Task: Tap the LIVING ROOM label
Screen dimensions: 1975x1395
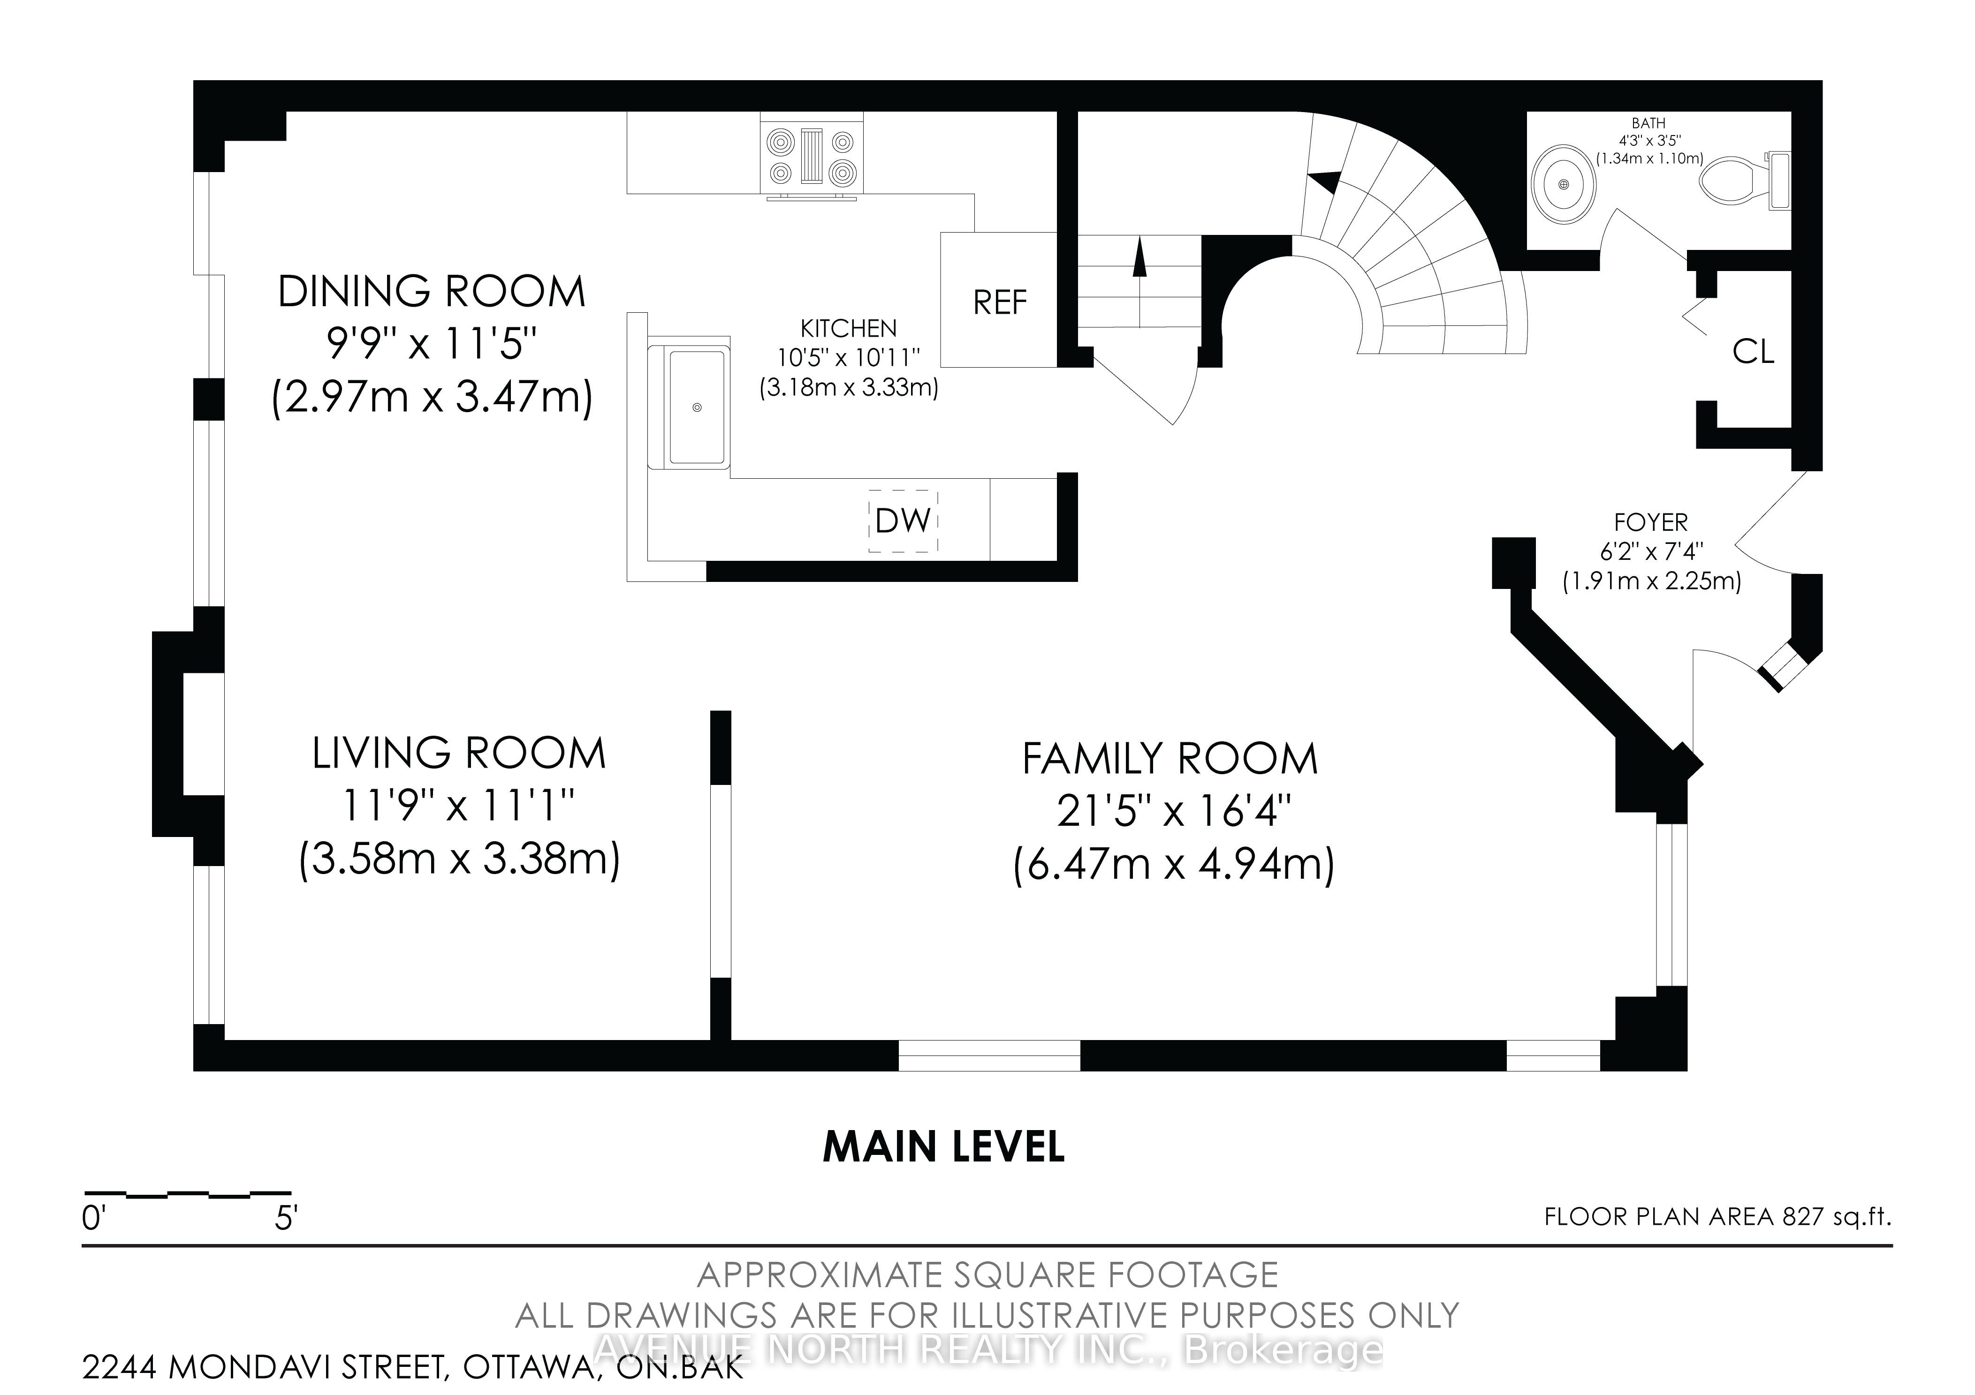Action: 459,754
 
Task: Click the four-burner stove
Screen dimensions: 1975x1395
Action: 812,158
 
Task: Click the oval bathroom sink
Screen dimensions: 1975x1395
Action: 1564,185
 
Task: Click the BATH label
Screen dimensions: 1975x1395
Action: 1648,124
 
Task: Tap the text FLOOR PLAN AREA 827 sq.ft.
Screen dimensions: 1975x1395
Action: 1718,1217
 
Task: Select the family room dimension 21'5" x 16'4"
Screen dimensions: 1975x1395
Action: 1173,810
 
